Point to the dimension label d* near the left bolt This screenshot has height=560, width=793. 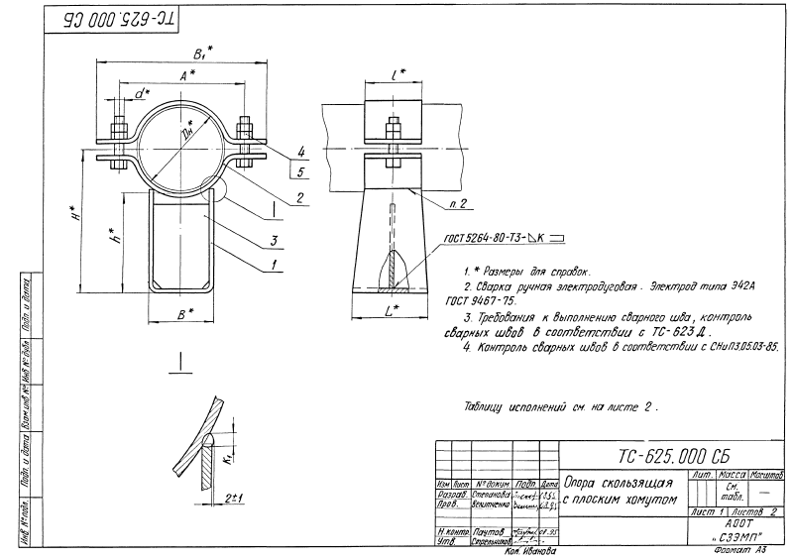coord(142,95)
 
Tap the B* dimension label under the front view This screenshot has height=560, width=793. coord(185,313)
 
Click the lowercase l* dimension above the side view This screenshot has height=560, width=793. coord(396,74)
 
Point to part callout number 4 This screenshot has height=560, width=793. coord(301,152)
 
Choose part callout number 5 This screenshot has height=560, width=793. coord(301,172)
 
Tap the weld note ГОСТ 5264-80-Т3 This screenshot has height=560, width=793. coord(474,237)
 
